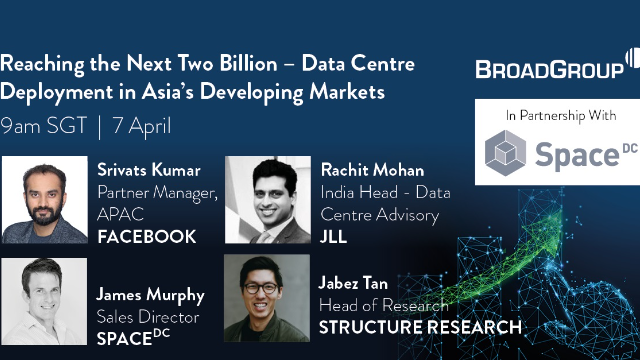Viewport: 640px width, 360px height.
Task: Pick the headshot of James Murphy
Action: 44,299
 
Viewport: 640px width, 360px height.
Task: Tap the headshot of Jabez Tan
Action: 267,299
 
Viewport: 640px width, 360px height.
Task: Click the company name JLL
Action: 334,236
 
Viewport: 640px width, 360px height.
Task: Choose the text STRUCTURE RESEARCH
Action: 419,327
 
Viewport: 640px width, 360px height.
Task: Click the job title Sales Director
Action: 145,317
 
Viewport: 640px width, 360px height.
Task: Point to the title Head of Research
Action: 383,305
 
